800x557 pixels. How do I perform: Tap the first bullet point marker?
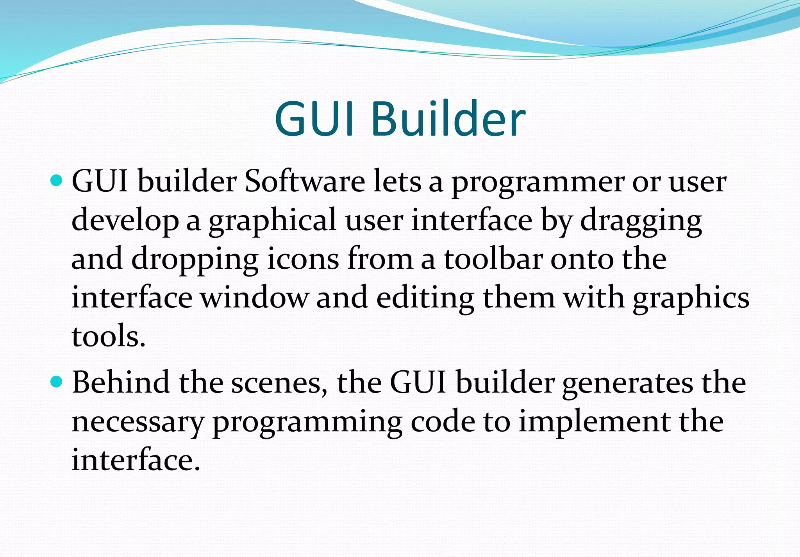pyautogui.click(x=57, y=180)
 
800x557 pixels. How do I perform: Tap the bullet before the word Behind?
pyautogui.click(x=57, y=382)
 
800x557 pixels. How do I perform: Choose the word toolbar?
pyautogui.click(x=493, y=259)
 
